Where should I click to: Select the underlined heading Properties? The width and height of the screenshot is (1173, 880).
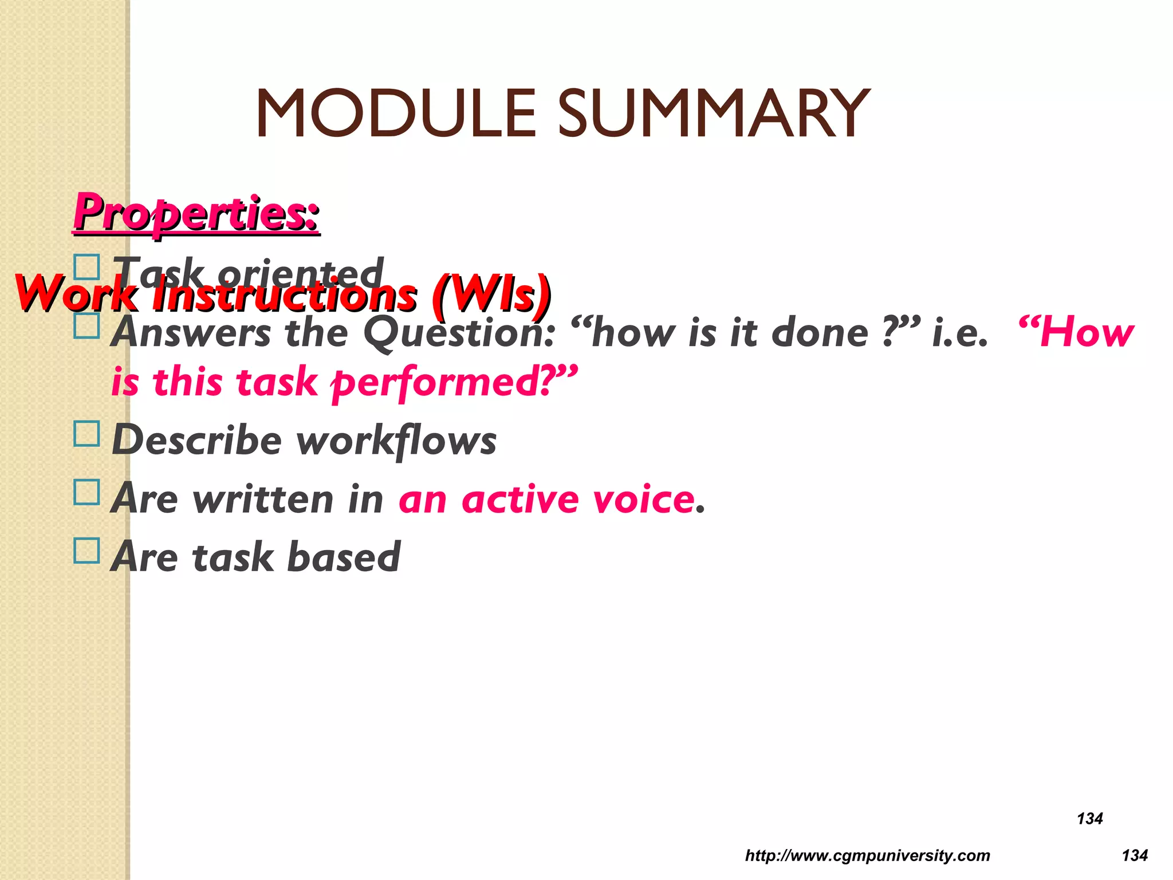click(x=196, y=213)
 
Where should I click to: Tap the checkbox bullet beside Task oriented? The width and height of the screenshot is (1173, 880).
click(x=87, y=268)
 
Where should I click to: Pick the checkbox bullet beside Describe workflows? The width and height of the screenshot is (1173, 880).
click(x=87, y=434)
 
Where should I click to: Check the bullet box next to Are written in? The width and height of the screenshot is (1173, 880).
click(x=87, y=492)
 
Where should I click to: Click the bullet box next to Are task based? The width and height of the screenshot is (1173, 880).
click(x=87, y=550)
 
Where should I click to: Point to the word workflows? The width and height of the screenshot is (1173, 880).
click(x=396, y=441)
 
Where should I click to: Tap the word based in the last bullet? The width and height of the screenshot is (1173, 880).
click(x=343, y=557)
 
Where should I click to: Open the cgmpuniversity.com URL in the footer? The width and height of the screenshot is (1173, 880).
click(x=867, y=855)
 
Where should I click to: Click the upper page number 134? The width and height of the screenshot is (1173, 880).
click(x=1089, y=818)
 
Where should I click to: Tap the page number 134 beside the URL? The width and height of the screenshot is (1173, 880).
click(x=1135, y=855)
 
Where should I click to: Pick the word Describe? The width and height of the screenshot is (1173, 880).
click(x=197, y=441)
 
